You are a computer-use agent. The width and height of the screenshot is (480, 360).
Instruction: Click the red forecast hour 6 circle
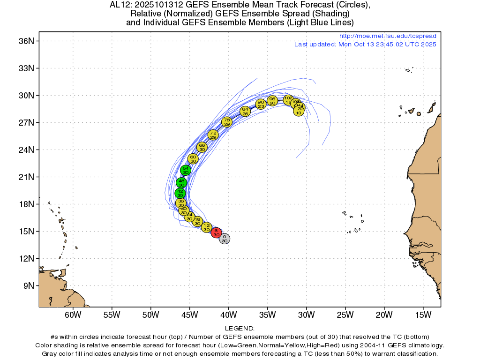click(x=216, y=232)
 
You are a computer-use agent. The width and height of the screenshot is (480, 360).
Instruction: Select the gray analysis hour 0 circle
click(x=225, y=239)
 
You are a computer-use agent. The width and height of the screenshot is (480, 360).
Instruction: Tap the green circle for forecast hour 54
click(x=186, y=170)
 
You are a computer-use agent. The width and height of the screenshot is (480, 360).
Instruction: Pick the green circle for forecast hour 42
click(x=180, y=193)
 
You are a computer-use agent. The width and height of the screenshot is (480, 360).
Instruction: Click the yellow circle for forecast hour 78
click(x=227, y=122)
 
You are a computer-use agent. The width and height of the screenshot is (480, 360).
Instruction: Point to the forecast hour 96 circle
click(x=272, y=101)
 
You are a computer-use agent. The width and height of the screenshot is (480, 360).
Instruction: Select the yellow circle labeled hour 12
click(x=206, y=227)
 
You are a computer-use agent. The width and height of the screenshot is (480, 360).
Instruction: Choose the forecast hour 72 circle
click(x=213, y=135)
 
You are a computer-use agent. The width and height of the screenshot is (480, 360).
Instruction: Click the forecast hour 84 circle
click(x=245, y=111)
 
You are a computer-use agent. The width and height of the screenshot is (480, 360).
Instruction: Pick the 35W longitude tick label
click(x=267, y=315)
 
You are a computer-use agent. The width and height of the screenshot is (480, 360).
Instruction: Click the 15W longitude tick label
click(x=422, y=315)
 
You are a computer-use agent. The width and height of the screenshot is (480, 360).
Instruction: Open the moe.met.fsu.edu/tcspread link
click(x=388, y=36)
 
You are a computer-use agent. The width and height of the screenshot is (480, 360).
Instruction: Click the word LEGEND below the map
click(x=240, y=329)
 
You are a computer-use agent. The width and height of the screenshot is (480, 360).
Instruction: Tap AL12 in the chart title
click(x=120, y=5)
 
